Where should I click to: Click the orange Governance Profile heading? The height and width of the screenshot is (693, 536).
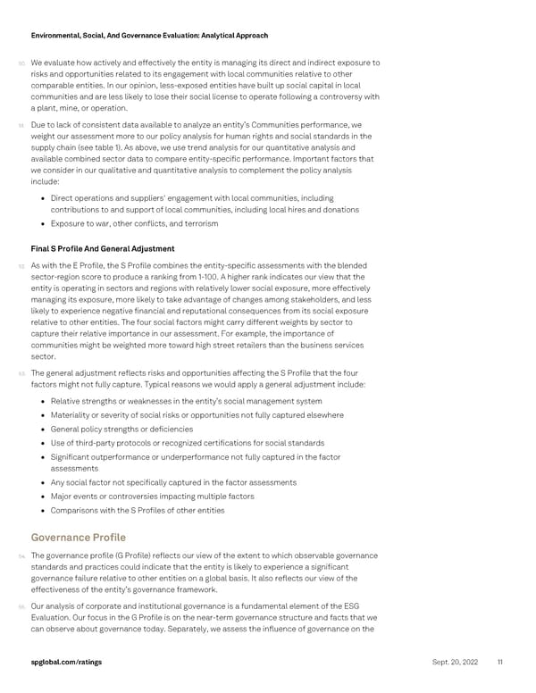point(79,538)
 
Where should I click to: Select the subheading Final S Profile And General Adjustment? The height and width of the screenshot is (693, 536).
point(102,248)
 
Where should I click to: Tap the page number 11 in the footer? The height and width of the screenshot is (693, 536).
point(500,661)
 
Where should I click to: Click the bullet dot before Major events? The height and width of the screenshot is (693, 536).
point(44,497)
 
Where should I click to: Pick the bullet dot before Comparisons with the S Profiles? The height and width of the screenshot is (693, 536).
point(44,510)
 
